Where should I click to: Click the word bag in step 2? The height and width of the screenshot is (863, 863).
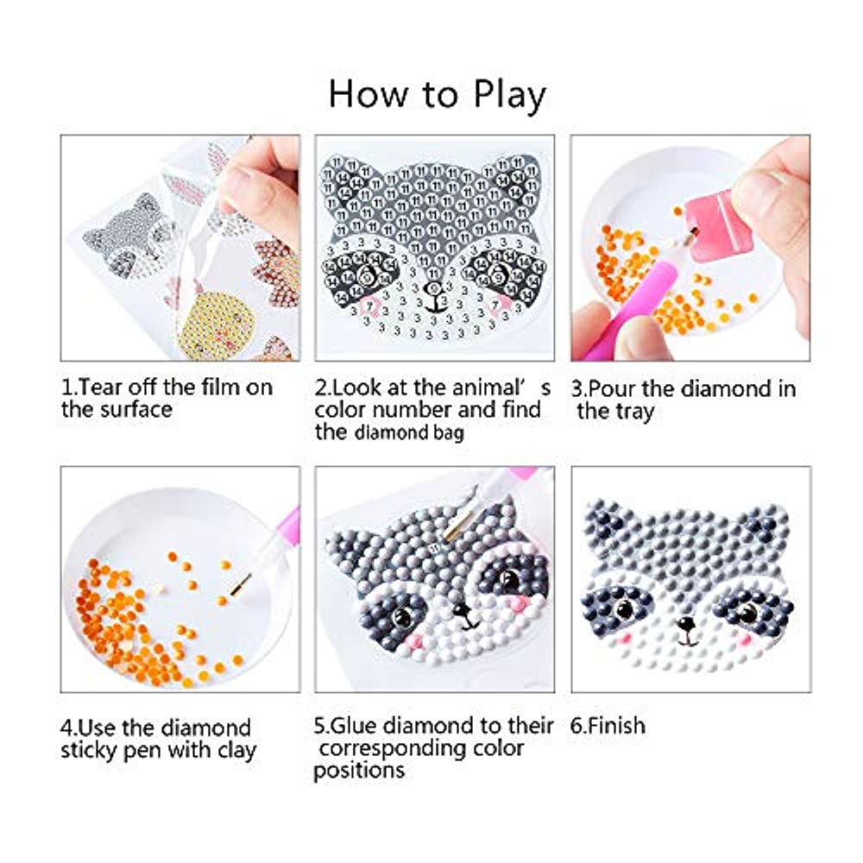tap(449, 433)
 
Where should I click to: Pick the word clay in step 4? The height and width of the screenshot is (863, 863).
tap(236, 751)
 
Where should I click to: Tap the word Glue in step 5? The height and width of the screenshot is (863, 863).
tap(356, 726)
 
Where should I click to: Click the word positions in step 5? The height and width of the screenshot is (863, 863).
tap(359, 771)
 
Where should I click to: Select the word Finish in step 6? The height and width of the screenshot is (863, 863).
tap(616, 726)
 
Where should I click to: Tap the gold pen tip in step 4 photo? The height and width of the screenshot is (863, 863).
tap(241, 584)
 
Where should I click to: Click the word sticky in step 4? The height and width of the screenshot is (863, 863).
tap(88, 751)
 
